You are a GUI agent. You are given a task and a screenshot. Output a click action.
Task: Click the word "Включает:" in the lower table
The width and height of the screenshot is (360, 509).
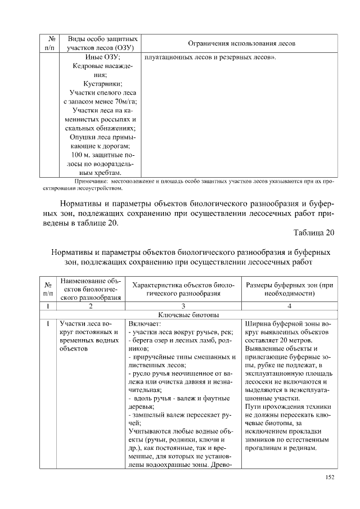[x=145, y=324]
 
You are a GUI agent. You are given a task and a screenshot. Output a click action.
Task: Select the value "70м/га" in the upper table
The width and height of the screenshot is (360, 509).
[x=124, y=101]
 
